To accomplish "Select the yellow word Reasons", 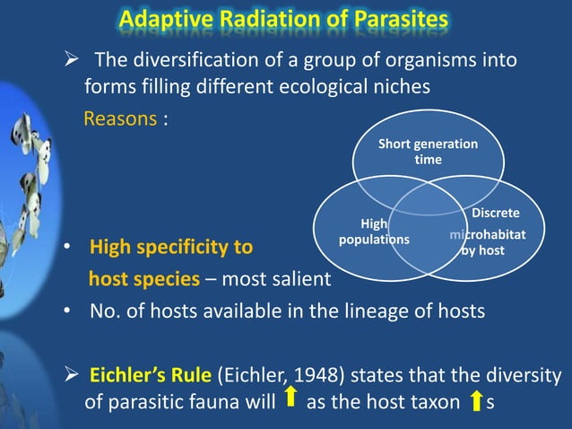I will tap(120, 118).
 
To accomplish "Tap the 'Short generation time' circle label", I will tap(428, 152).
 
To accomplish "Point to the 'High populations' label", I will tap(373, 232).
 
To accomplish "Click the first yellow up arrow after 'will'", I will tap(290, 398).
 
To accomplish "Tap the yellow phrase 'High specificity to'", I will tap(170, 247).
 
